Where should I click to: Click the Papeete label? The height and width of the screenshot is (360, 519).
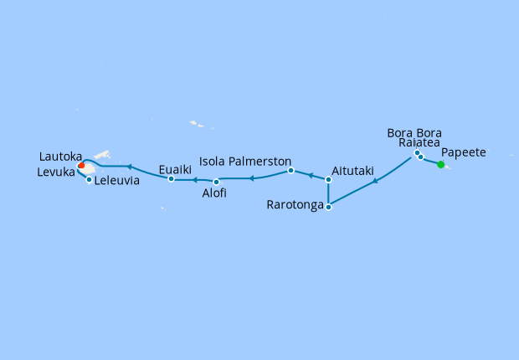(x=475, y=152)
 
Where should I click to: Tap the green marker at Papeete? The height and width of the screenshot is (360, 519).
(x=441, y=164)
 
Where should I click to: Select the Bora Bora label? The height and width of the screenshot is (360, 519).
(x=414, y=132)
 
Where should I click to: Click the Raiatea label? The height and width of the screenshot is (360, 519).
(x=419, y=143)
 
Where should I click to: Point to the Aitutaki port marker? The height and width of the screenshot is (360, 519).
(x=328, y=179)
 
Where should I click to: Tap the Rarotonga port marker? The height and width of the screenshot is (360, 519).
(x=328, y=206)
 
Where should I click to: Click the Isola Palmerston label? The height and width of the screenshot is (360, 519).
(x=244, y=160)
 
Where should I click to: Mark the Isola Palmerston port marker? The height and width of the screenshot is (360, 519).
(x=290, y=171)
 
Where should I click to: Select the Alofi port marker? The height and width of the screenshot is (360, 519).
(x=217, y=182)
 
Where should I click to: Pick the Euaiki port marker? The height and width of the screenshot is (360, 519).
(x=171, y=178)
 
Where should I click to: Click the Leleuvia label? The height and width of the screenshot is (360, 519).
(x=116, y=180)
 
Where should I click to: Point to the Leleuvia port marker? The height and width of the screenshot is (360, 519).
(x=89, y=179)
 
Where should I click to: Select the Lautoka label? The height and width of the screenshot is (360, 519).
(x=61, y=156)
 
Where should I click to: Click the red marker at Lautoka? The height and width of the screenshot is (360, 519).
(x=81, y=166)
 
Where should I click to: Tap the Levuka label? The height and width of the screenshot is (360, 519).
(x=56, y=172)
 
